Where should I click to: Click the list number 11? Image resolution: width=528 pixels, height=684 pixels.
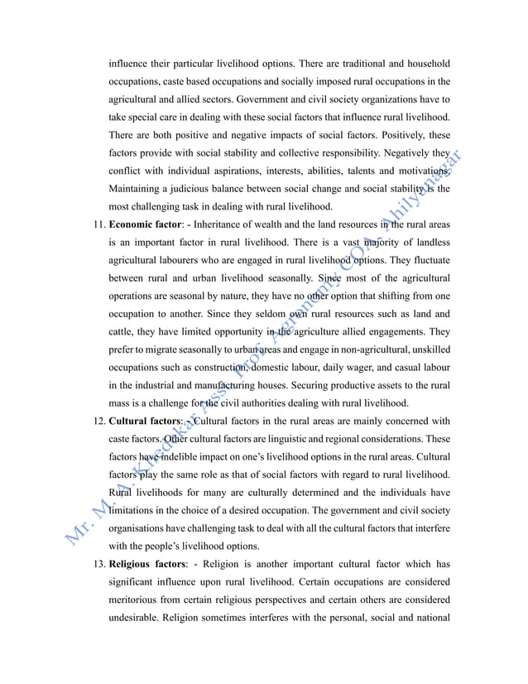pyautogui.click(x=96, y=224)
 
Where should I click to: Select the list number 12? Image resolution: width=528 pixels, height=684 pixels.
pyautogui.click(x=96, y=421)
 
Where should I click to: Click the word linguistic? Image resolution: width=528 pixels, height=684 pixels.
pyautogui.click(x=298, y=440)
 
